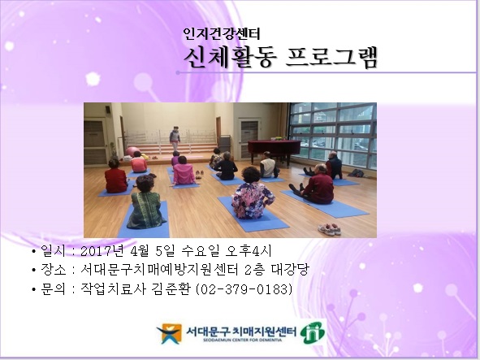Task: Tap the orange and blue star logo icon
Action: click(170, 333)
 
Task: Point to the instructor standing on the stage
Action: click(175, 137)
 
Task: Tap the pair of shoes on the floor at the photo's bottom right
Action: click(329, 228)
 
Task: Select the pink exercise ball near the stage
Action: click(130, 151)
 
